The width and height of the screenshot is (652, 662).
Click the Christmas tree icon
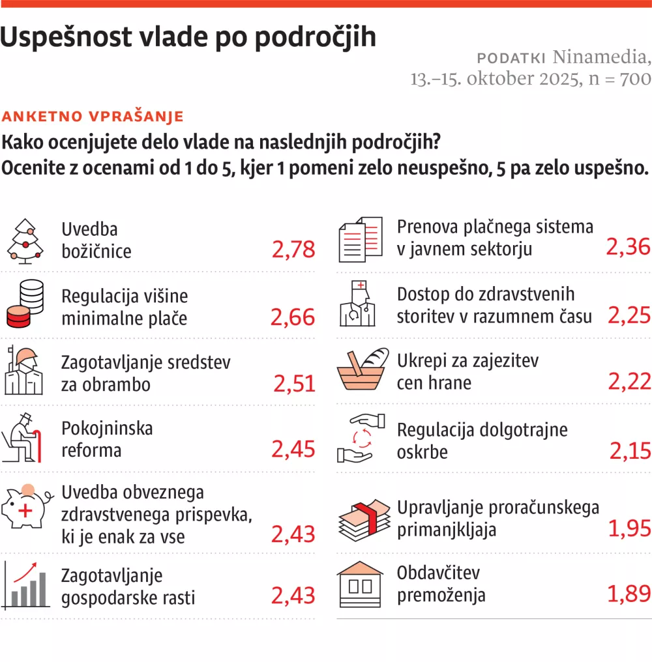25,241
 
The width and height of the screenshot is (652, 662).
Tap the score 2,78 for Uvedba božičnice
293,249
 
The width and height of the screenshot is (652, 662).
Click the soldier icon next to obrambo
24,371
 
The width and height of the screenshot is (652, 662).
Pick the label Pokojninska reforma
107,439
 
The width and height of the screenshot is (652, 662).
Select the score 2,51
294,384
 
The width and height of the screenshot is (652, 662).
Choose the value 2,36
629,246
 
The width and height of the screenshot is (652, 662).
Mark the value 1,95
629,528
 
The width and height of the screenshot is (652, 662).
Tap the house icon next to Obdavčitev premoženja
360,583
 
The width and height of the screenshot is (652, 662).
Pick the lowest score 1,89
629,594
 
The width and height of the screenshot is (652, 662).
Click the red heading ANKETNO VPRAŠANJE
93,117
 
